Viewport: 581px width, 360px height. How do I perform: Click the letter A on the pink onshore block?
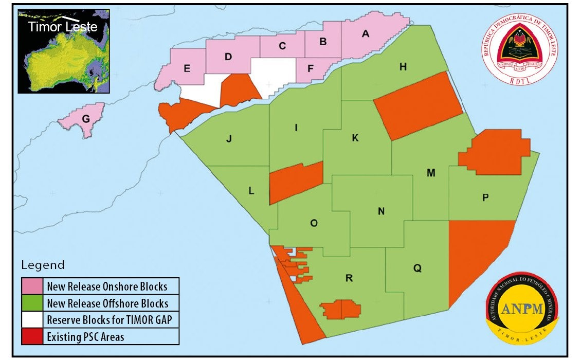click(366, 34)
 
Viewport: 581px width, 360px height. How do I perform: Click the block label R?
click(349, 278)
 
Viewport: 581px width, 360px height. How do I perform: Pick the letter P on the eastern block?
click(485, 198)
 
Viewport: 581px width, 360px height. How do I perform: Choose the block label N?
click(381, 211)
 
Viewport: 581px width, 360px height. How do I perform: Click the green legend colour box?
click(32, 302)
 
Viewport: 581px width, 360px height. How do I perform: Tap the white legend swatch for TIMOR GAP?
click(32, 319)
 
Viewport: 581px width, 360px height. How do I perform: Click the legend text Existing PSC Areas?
click(85, 337)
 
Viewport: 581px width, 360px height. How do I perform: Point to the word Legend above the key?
click(43, 265)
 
